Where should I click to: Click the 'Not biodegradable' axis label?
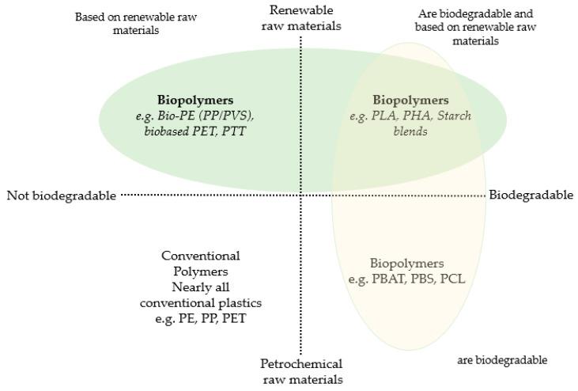tap(61, 195)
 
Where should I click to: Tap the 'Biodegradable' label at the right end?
tap(531, 195)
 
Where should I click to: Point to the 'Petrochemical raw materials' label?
tap(301, 371)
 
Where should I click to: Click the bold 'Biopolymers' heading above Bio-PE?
tap(195, 101)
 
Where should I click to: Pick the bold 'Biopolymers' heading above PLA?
tap(410, 101)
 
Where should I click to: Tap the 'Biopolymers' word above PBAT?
tap(406, 264)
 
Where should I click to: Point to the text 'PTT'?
tap(234, 131)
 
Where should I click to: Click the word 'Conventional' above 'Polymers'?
tap(200, 256)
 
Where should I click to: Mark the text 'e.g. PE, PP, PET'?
tap(200, 317)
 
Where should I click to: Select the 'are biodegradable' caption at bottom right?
tap(502, 360)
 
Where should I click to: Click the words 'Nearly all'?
tap(200, 287)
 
